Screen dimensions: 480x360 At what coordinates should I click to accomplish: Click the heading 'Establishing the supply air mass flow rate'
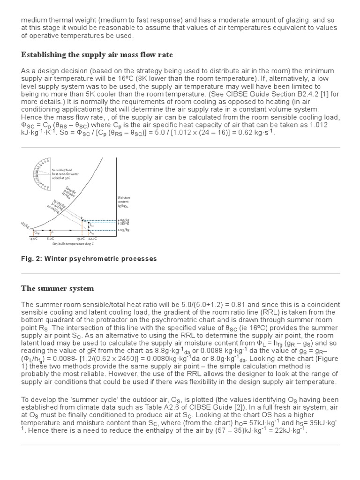click(x=97, y=55)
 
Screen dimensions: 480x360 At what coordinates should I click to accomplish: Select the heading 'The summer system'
click(x=57, y=288)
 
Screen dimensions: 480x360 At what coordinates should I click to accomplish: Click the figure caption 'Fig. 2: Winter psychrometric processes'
click(x=89, y=259)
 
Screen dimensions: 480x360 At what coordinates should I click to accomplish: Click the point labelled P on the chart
click(x=52, y=232)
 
